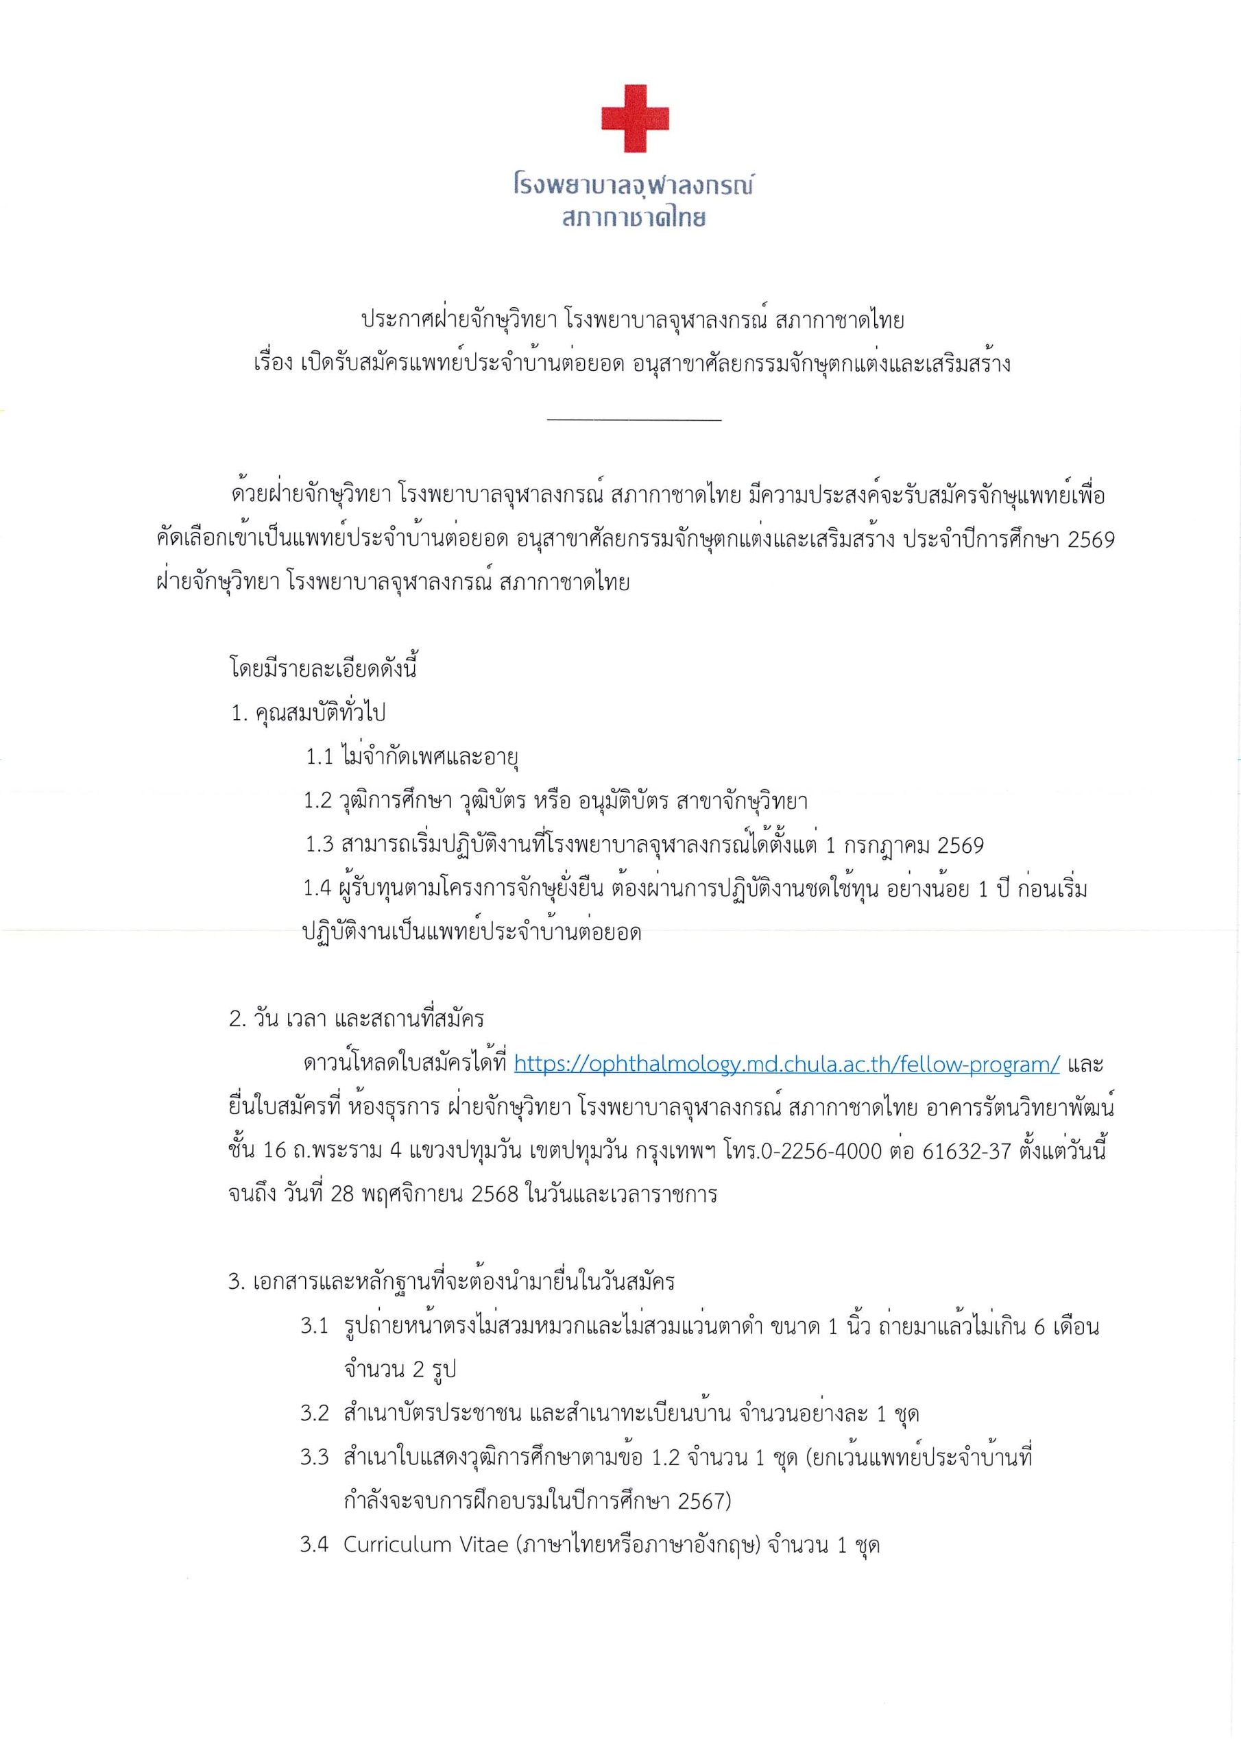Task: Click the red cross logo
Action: pos(635,119)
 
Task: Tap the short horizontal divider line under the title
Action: pos(635,420)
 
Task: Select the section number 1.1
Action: pos(320,758)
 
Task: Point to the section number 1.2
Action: pos(318,802)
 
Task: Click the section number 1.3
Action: pos(320,845)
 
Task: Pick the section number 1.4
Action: pos(318,890)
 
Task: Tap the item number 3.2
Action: pos(314,1414)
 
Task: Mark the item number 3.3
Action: pos(314,1457)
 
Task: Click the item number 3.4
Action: pos(314,1545)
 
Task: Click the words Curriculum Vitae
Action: pos(426,1545)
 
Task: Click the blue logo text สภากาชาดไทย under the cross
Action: pos(634,219)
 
